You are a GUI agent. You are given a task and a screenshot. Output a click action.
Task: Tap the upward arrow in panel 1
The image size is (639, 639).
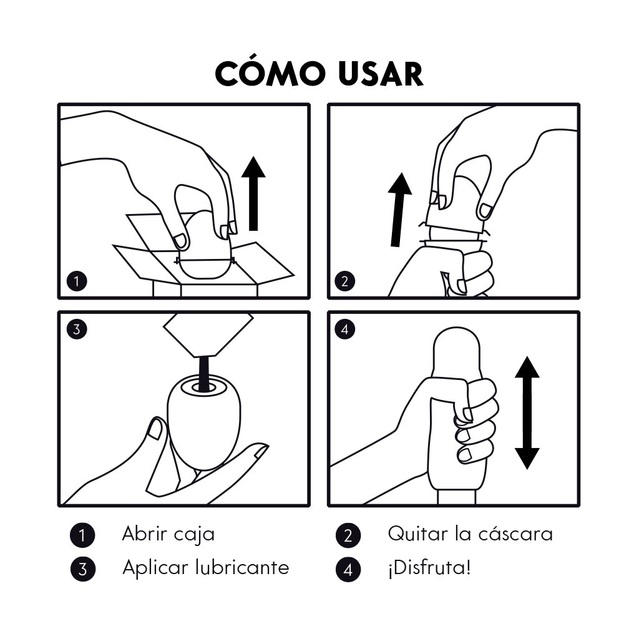point(253,193)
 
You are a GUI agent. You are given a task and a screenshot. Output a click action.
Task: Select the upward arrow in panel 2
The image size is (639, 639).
point(399,210)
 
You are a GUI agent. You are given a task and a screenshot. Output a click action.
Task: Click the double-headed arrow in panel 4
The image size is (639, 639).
point(527,412)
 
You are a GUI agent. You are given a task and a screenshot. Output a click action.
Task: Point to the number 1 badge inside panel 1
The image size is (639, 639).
point(77,281)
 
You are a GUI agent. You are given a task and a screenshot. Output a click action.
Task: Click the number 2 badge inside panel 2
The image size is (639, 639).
point(344,281)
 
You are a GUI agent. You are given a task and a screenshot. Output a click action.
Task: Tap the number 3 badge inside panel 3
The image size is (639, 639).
point(77,329)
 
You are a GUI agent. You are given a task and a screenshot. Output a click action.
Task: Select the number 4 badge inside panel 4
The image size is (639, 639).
point(344,329)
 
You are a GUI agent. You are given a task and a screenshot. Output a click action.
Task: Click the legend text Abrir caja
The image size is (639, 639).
point(168,534)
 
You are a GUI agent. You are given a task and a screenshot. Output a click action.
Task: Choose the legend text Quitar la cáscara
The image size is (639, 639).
point(471,534)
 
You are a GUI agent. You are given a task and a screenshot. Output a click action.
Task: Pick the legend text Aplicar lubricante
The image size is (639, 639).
point(206,567)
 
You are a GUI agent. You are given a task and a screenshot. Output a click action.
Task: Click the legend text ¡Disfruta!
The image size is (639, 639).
point(429,567)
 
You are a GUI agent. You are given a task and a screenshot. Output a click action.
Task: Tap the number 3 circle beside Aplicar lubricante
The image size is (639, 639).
point(83,568)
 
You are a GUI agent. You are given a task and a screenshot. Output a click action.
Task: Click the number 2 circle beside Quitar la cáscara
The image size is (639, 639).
point(348,535)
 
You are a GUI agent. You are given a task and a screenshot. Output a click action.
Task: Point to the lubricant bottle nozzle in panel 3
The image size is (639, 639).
point(208,335)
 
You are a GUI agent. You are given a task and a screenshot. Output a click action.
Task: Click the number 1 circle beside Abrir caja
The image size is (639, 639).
point(83,535)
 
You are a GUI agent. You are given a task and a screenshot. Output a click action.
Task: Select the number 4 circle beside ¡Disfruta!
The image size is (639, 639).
point(348,568)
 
